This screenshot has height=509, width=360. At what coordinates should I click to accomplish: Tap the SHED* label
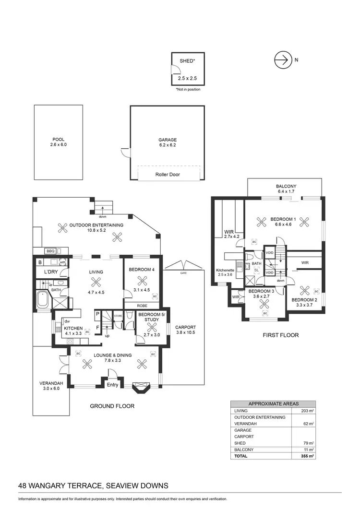pos(187,61)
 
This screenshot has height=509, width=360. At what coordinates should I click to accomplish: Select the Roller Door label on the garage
pos(168,175)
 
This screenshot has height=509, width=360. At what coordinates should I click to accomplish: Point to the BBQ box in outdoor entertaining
pos(50,251)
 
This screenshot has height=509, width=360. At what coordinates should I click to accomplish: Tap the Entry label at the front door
pos(112,385)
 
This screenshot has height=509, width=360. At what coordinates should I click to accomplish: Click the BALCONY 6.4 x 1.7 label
pos(286,189)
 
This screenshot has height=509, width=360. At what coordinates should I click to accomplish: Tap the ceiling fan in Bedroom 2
pos(304,290)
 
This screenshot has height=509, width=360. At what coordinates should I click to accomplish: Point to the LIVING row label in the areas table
pos(240,411)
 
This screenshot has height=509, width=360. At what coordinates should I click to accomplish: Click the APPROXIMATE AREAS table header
pos(273,404)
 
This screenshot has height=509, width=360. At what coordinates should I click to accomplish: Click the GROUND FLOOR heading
pos(112,406)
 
